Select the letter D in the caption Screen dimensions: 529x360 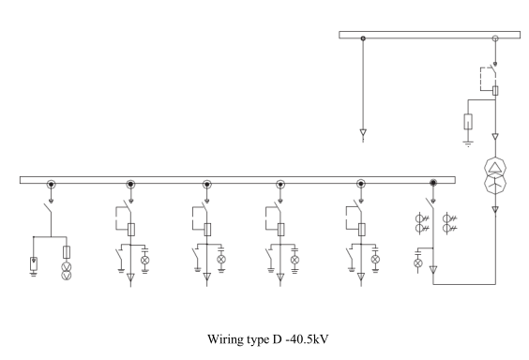point(277,339)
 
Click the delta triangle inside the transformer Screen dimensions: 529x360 point(495,168)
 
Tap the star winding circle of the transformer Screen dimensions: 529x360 point(495,184)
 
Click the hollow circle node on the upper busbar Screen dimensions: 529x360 point(495,38)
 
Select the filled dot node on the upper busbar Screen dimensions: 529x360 point(363,38)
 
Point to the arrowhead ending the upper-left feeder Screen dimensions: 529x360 point(363,132)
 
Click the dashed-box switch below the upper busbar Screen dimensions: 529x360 point(489,79)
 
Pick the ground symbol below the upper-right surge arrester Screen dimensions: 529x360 point(468,143)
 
